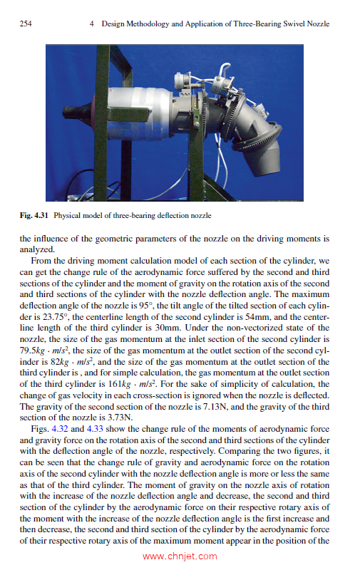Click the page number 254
point(26,24)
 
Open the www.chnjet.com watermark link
point(180,556)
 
